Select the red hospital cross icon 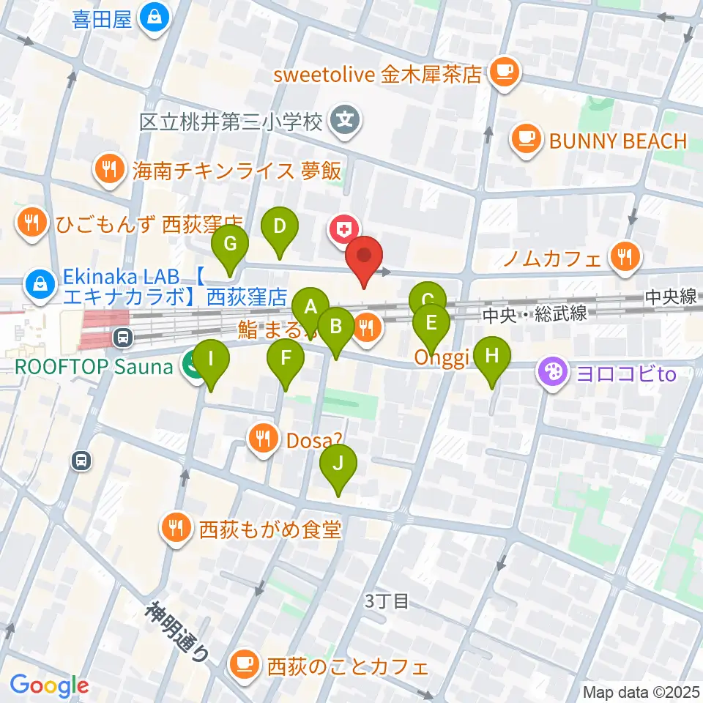tap(342, 231)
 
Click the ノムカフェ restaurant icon tap(624, 256)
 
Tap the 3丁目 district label tap(387, 602)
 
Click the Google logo tap(50, 686)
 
